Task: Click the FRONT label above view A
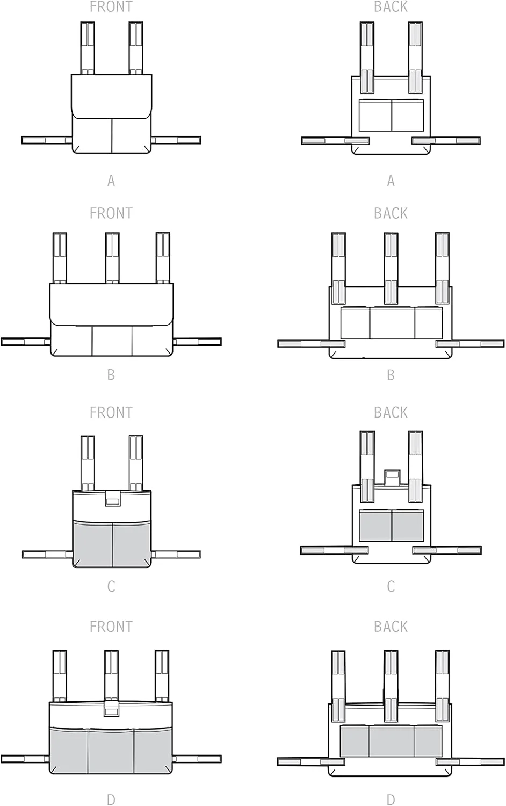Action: (x=111, y=6)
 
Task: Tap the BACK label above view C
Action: (x=391, y=412)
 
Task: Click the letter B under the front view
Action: (x=111, y=375)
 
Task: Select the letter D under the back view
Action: (x=391, y=800)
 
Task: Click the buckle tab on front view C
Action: (x=112, y=498)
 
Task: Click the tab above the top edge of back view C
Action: (x=392, y=478)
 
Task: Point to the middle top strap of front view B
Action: (x=112, y=257)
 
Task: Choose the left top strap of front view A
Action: (x=88, y=48)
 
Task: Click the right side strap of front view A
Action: (x=176, y=140)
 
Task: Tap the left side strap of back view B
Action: (x=312, y=344)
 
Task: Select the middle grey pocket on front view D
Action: (x=111, y=751)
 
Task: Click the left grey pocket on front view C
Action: (x=93, y=544)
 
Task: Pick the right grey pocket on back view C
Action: (x=408, y=526)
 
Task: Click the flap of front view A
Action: (x=112, y=96)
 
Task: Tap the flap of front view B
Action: (x=112, y=305)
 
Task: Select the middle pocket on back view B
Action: (x=392, y=323)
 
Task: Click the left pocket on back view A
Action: (x=375, y=116)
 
